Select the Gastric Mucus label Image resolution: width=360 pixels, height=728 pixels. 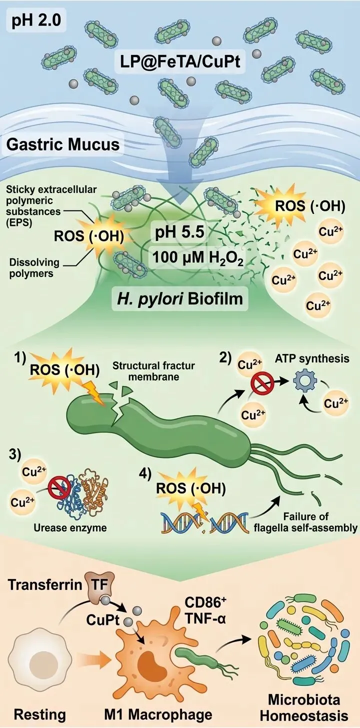click(x=63, y=144)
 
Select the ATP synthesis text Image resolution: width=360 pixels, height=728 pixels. click(x=305, y=358)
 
